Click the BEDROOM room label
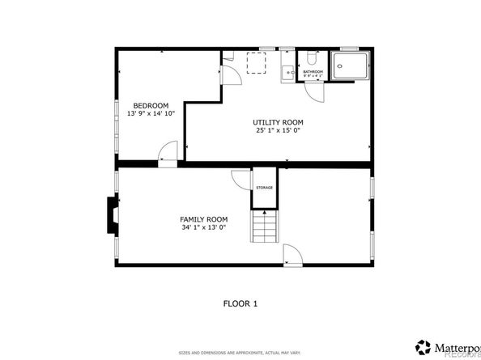coord(151,106)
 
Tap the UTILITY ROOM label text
coord(278,122)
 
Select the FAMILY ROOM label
coord(203,219)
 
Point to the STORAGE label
coord(265,188)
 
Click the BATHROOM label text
coord(313,72)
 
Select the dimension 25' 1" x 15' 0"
coord(278,130)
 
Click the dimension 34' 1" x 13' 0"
coord(203,228)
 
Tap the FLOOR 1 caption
coord(240,303)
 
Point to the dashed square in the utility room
coord(256,62)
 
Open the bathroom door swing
coord(320,91)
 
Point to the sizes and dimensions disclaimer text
coord(240,353)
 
